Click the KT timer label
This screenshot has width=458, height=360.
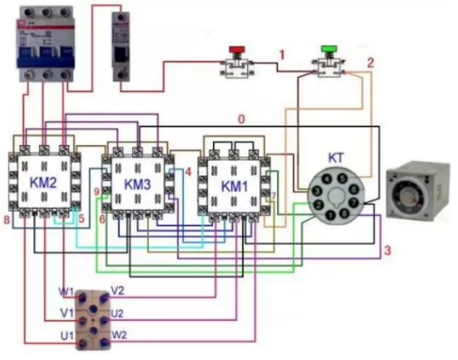[336, 157]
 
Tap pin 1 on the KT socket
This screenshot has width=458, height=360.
[327, 216]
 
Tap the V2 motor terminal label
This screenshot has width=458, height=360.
[118, 290]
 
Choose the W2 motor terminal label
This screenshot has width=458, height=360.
[119, 333]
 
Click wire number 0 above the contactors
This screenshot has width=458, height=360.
[241, 119]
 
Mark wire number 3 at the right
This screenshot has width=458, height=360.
[387, 250]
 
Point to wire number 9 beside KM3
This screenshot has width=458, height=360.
[97, 191]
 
